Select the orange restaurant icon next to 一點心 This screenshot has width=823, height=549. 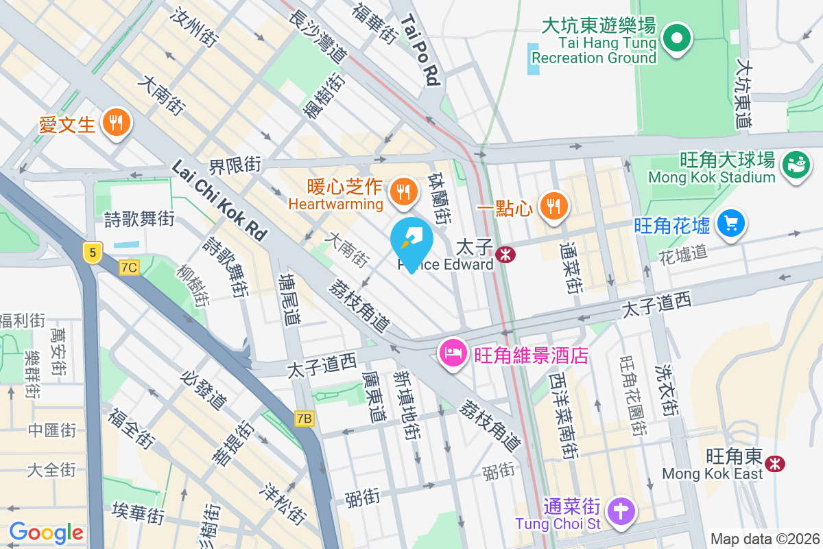tap(552, 205)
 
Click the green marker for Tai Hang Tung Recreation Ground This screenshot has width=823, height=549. tap(677, 37)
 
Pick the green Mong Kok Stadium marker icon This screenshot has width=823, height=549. tap(796, 165)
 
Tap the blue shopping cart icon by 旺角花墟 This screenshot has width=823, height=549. tap(730, 223)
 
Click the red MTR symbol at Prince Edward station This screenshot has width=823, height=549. tap(507, 255)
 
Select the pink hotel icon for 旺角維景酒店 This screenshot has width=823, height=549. tap(452, 355)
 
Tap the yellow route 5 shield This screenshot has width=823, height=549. tap(93, 252)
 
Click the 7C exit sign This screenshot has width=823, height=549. tap(129, 268)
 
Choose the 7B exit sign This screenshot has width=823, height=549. tap(305, 418)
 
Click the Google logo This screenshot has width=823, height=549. tap(46, 532)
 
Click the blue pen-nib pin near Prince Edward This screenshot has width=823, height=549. tap(411, 242)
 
